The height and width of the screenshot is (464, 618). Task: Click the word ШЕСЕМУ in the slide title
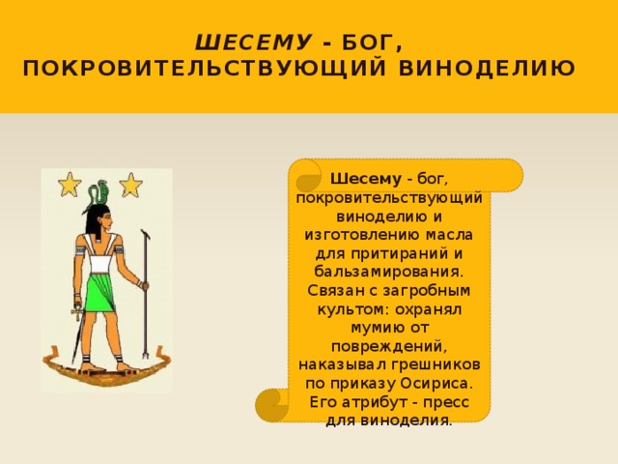click(x=254, y=43)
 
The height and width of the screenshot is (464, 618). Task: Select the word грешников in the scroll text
click(x=441, y=364)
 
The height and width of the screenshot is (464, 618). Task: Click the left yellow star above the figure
click(x=70, y=184)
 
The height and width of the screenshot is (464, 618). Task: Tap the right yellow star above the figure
click(x=130, y=184)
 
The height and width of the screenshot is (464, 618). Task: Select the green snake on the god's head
click(x=98, y=193)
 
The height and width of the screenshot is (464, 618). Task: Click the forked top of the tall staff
click(x=145, y=235)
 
